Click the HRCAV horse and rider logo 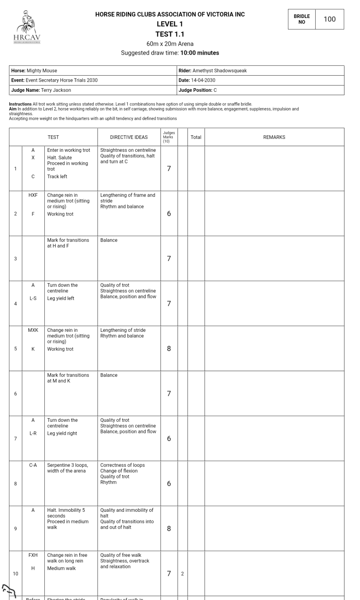pos(27,27)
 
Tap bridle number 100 pos(329,19)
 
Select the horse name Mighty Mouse pos(42,71)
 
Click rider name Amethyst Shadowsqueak pos(220,71)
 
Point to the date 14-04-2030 pos(203,80)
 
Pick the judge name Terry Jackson pos(56,90)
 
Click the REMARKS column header pos(274,137)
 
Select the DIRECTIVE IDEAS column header pos(129,137)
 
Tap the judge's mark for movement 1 pos(169,168)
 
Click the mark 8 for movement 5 pos(169,348)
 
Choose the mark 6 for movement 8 pos(169,483)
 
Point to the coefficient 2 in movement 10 pos(183,574)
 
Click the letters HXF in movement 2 pos(33,195)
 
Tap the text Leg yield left pos(60,298)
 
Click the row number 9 pos(15,529)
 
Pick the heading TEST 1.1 pos(170,34)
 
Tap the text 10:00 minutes pos(199,53)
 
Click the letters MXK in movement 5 pos(33,330)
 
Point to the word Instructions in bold pos(20,104)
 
